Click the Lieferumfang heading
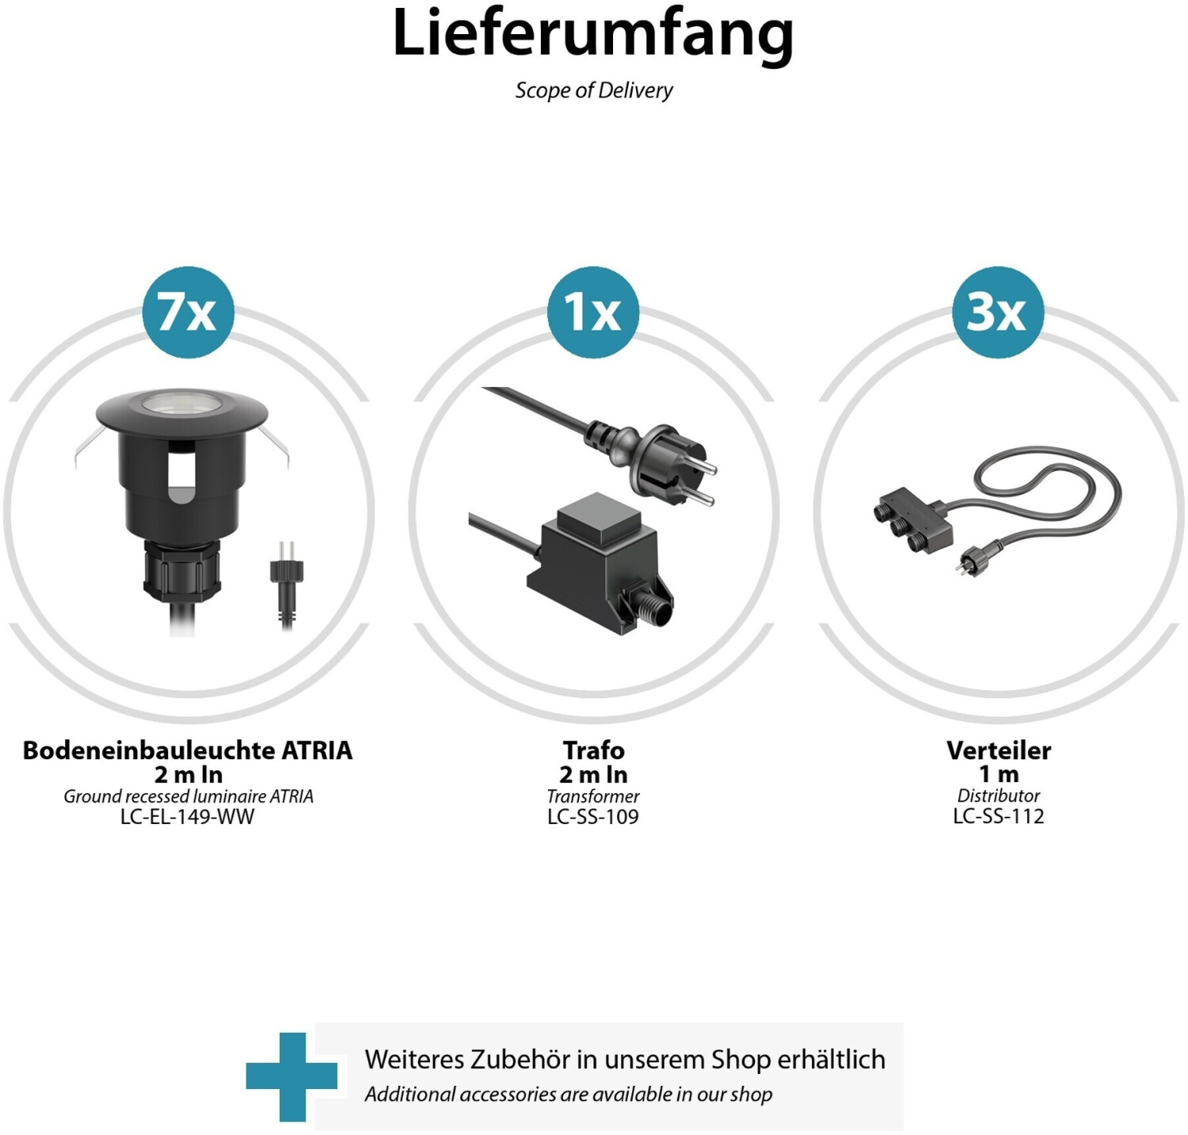pyautogui.click(x=592, y=34)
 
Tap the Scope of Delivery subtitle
pyautogui.click(x=594, y=90)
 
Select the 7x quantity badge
pyautogui.click(x=188, y=312)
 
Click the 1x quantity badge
pyautogui.click(x=593, y=312)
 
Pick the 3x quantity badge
pyautogui.click(x=998, y=312)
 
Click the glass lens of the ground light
pyautogui.click(x=181, y=403)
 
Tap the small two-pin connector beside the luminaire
pyautogui.click(x=286, y=582)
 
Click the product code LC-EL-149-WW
pyautogui.click(x=188, y=817)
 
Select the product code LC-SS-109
pyautogui.click(x=593, y=817)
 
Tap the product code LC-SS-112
pyautogui.click(x=999, y=817)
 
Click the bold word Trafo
pyautogui.click(x=594, y=750)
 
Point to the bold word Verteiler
pyautogui.click(x=999, y=750)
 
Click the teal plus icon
pyautogui.click(x=291, y=1076)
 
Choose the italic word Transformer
pyautogui.click(x=593, y=796)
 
